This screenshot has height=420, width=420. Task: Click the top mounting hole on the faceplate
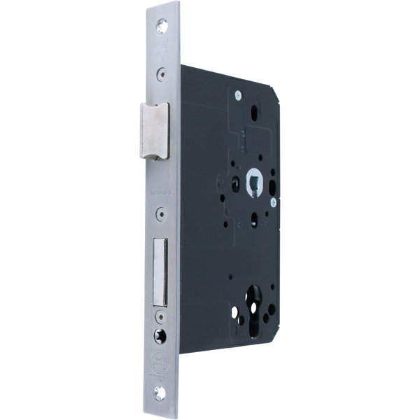point(163,25)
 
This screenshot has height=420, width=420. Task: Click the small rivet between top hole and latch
point(162,71)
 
